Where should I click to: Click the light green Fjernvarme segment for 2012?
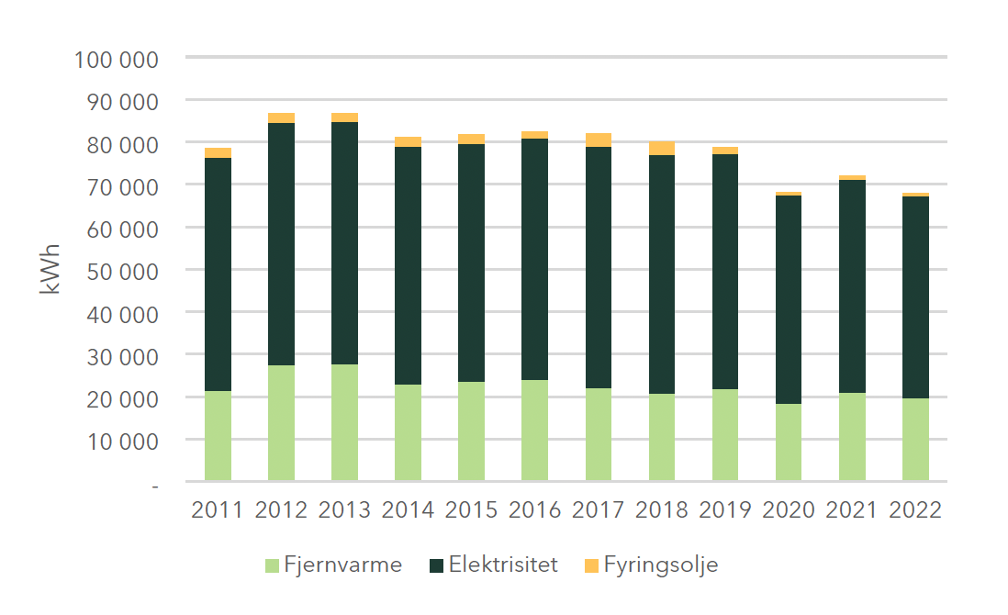pyautogui.click(x=281, y=423)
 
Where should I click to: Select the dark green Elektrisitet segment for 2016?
pyautogui.click(x=535, y=259)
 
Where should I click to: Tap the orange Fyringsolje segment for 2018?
pyautogui.click(x=662, y=149)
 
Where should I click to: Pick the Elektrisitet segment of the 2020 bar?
pyautogui.click(x=789, y=299)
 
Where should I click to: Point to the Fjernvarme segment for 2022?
pyautogui.click(x=915, y=439)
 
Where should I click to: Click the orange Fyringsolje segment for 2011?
pyautogui.click(x=218, y=152)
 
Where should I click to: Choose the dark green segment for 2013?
pyautogui.click(x=344, y=243)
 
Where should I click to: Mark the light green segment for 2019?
pyautogui.click(x=725, y=434)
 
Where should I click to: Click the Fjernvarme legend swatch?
pyautogui.click(x=273, y=565)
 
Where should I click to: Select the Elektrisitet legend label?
pyautogui.click(x=503, y=565)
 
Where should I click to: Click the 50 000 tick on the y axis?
pyautogui.click(x=122, y=272)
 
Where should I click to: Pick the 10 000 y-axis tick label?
pyautogui.click(x=122, y=442)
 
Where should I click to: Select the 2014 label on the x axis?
pyautogui.click(x=408, y=510)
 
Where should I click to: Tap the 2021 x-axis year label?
pyautogui.click(x=852, y=510)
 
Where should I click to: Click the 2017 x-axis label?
pyautogui.click(x=599, y=510)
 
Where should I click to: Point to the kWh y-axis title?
pyautogui.click(x=50, y=268)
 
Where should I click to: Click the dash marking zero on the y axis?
pyautogui.click(x=155, y=484)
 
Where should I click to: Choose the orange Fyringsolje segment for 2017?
pyautogui.click(x=599, y=140)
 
